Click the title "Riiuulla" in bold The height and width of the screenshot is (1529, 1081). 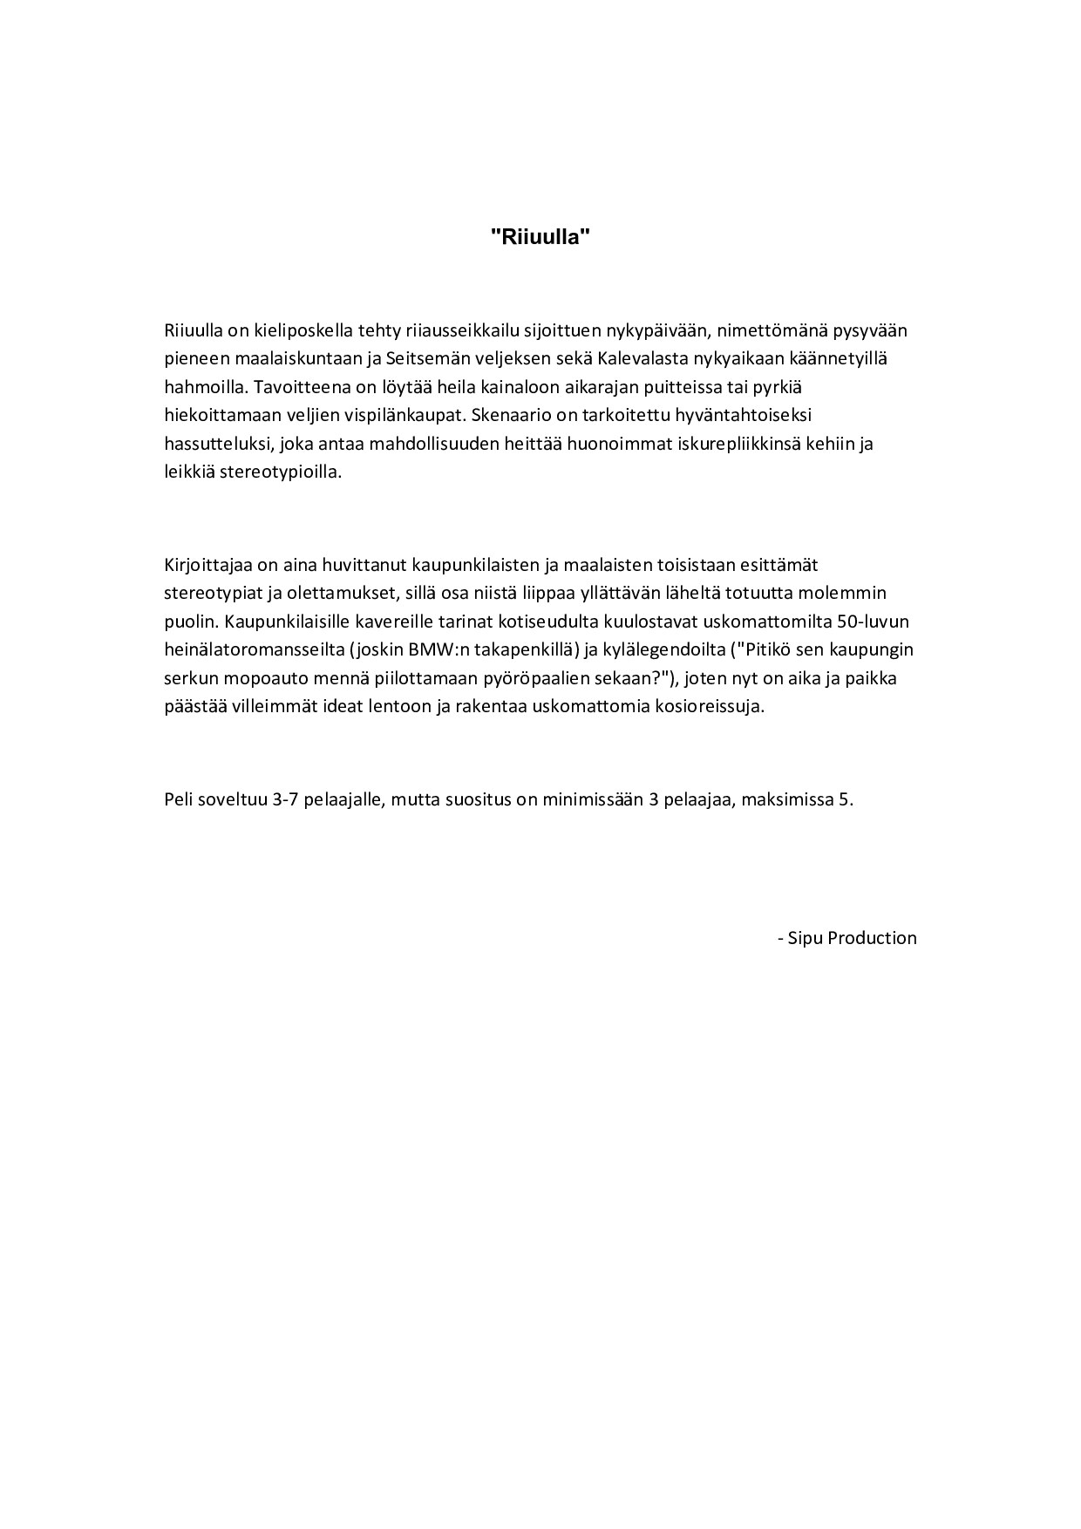click(540, 236)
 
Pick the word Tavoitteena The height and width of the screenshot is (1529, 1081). click(296, 386)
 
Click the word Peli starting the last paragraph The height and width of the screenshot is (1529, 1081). click(178, 799)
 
